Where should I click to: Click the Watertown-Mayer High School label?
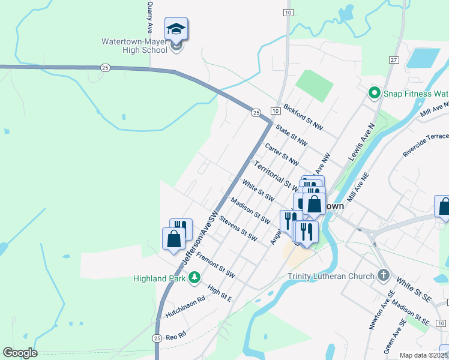tap(134, 46)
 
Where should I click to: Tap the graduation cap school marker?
tap(176, 28)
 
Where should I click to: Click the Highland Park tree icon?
tap(194, 278)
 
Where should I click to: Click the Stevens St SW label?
tap(238, 229)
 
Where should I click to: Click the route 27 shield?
tap(394, 60)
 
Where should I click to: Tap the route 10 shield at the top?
tap(289, 12)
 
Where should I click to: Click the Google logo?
tap(20, 352)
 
